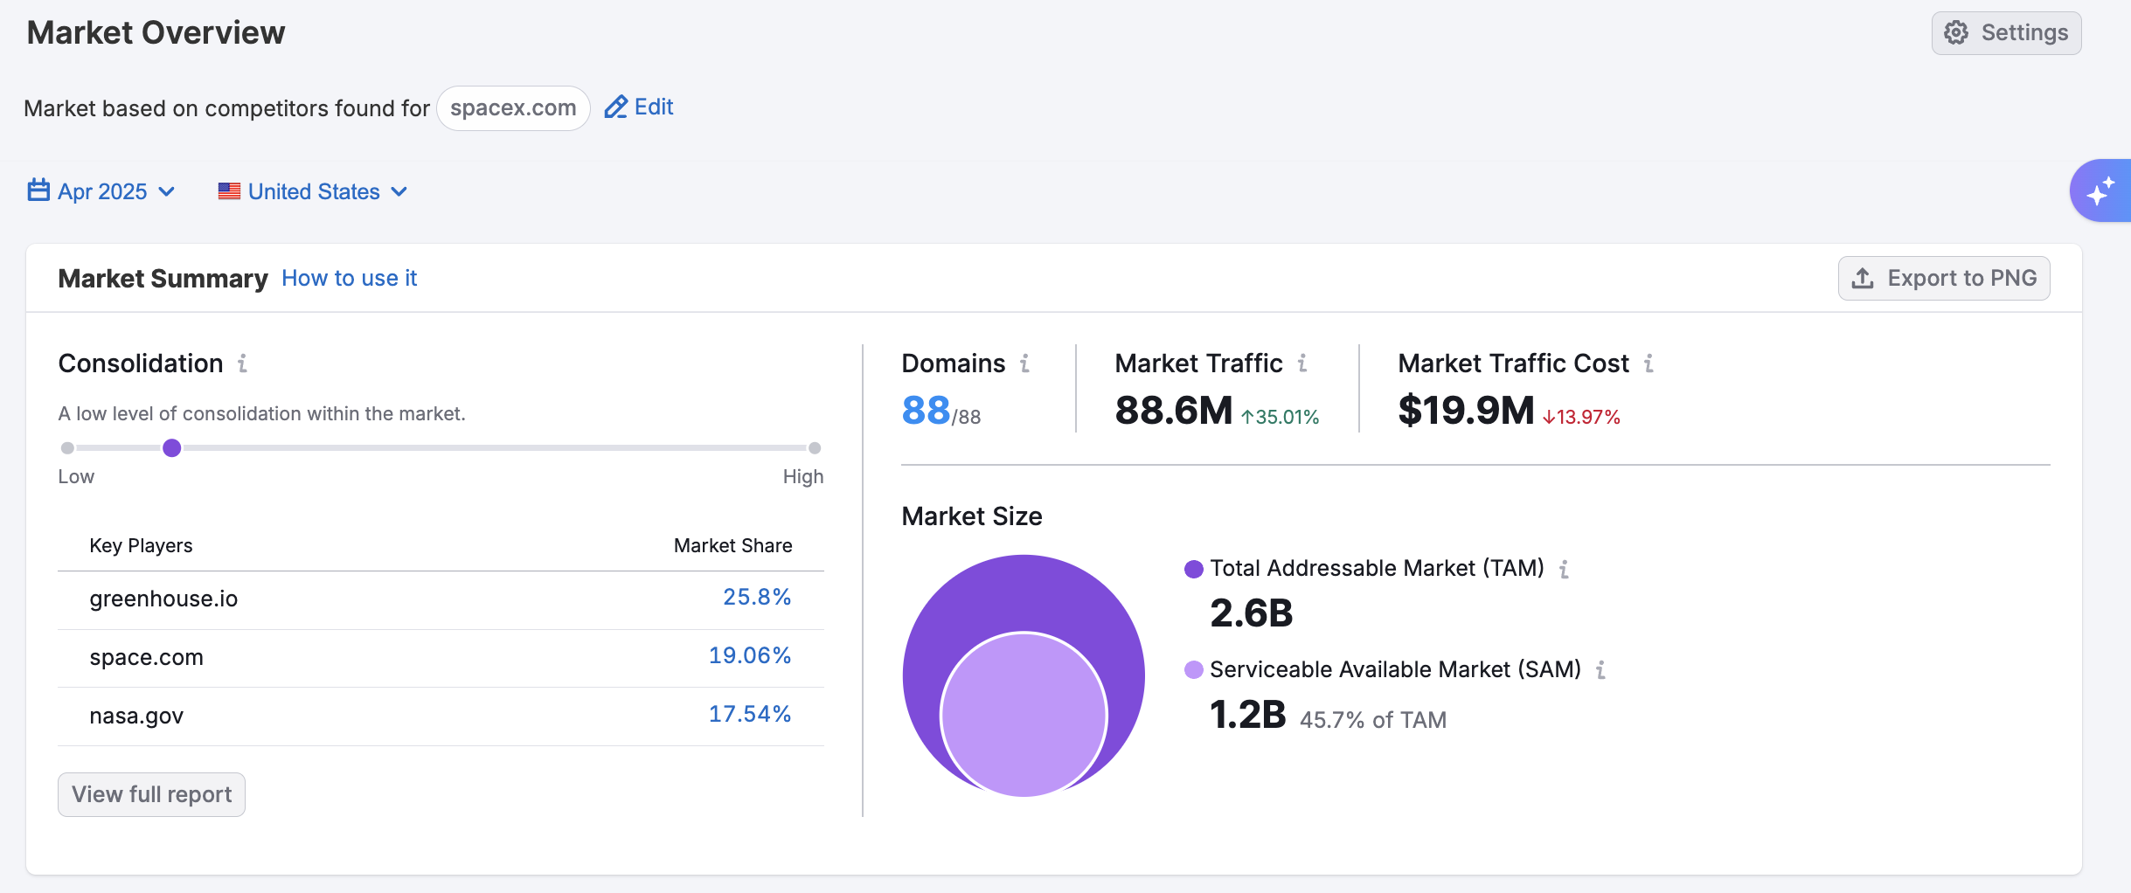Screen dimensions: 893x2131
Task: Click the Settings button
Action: (2006, 33)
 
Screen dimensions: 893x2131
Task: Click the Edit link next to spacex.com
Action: (639, 107)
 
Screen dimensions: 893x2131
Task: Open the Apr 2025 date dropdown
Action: (101, 191)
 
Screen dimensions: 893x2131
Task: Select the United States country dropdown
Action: (313, 191)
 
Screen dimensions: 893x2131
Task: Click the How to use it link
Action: (349, 278)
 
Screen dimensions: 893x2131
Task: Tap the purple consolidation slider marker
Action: (172, 448)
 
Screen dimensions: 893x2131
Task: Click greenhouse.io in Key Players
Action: (163, 599)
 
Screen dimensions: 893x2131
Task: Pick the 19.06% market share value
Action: (749, 656)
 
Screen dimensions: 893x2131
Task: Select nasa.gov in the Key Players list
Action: (136, 716)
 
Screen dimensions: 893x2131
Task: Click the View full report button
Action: (151, 794)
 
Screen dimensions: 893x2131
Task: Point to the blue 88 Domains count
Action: (926, 411)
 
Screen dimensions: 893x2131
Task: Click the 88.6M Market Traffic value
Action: (1173, 411)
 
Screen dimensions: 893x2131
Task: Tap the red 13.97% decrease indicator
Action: (1582, 417)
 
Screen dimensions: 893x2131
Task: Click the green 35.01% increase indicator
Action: (1281, 417)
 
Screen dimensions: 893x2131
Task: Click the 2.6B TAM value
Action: (1251, 613)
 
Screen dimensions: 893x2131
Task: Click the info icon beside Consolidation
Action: (243, 363)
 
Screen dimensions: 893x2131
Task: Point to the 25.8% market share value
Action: (756, 598)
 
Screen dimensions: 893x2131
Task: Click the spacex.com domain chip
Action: (513, 108)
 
